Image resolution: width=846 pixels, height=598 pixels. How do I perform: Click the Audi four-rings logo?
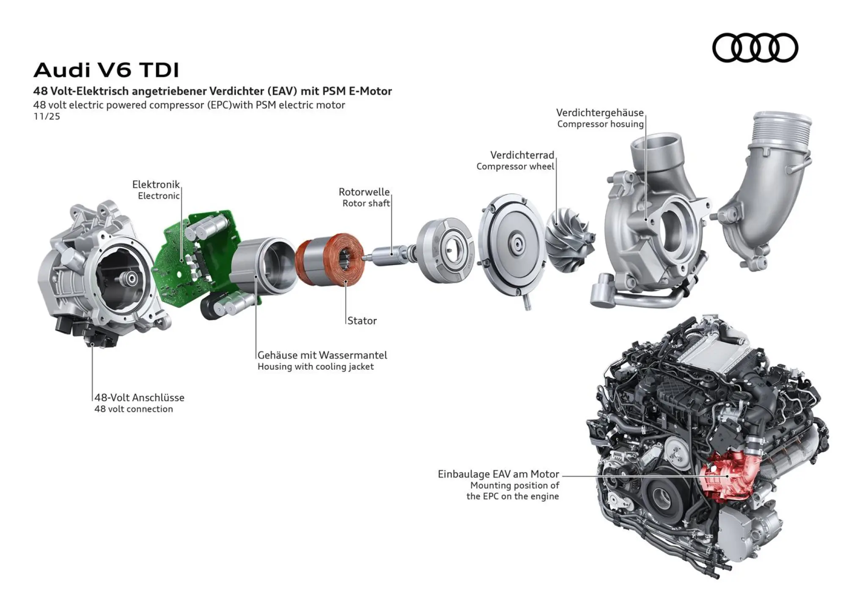[x=755, y=47]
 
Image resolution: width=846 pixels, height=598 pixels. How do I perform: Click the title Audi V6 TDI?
[x=106, y=70]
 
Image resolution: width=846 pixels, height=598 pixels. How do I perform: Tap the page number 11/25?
[x=47, y=117]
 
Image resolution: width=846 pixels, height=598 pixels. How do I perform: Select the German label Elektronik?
[x=156, y=184]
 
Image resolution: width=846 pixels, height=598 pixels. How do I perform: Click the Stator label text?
[x=362, y=321]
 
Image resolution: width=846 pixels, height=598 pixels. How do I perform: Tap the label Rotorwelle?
[x=364, y=192]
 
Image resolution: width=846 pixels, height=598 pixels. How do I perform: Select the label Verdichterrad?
[x=522, y=155]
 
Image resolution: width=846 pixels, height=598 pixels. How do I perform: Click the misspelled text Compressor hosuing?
[x=600, y=124]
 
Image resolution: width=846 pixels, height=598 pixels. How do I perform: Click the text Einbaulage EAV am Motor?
[x=498, y=474]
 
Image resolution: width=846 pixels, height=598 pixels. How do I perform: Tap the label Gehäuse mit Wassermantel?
[x=322, y=355]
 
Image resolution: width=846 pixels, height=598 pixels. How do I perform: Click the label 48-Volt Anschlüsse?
[x=139, y=398]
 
